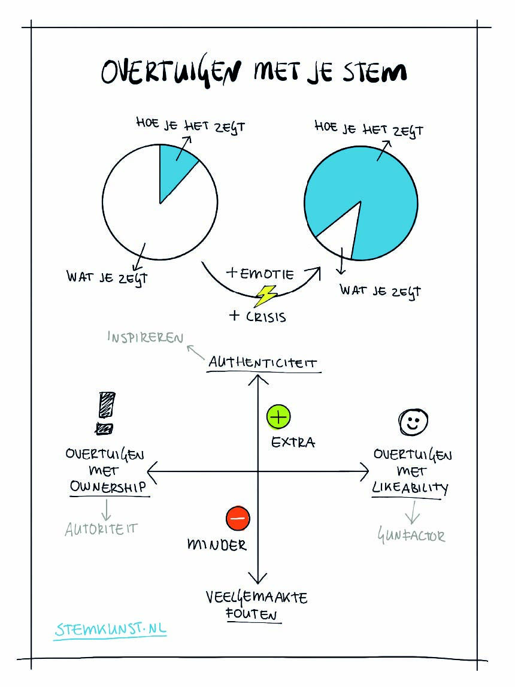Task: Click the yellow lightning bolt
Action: pos(265,296)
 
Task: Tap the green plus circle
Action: pos(278,417)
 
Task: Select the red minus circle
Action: pos(238,518)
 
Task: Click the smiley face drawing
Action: pos(413,422)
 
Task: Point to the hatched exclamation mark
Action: pos(105,413)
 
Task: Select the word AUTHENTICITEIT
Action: pos(262,362)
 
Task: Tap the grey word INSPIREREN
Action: pos(145,337)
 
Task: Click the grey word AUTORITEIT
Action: pos(101,529)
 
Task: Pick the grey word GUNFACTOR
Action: pos(411,535)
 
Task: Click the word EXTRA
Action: pos(293,442)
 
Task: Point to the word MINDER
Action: pos(217,544)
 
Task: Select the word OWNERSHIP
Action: pos(108,486)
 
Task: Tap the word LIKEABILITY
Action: pos(410,488)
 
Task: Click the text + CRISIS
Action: pos(257,316)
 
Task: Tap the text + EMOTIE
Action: pos(260,274)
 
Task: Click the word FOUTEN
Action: pos(252,615)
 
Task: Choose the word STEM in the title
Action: pos(374,72)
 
